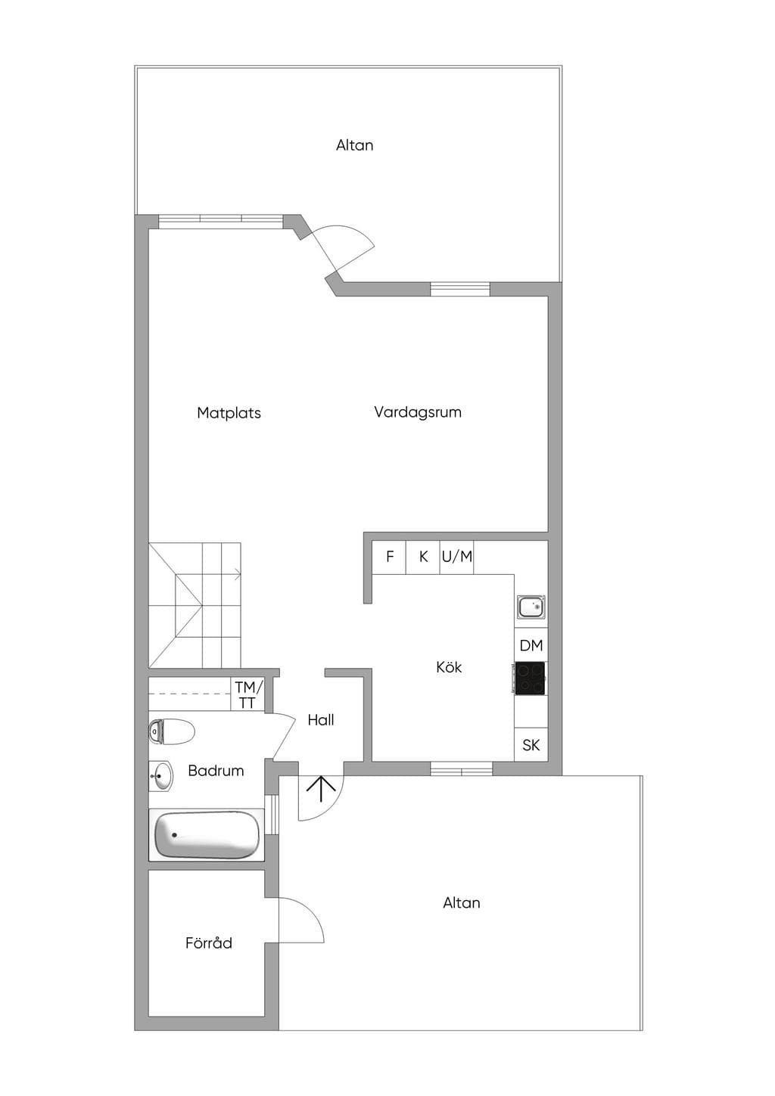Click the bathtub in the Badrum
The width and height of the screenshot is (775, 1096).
(x=207, y=835)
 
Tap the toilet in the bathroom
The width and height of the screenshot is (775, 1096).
(x=171, y=732)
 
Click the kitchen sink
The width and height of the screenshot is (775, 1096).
(x=531, y=607)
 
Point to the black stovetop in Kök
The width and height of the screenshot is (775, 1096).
(x=531, y=678)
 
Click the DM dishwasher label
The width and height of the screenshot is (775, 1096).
(x=531, y=646)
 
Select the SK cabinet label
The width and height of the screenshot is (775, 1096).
(x=531, y=745)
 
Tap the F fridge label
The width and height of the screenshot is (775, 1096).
(x=390, y=556)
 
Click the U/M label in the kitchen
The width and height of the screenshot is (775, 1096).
(x=457, y=556)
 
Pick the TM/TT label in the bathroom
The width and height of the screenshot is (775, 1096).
(x=249, y=695)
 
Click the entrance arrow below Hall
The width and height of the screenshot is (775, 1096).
(x=321, y=788)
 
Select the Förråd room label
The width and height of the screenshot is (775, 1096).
(x=209, y=943)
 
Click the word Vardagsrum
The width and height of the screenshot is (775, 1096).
(x=418, y=412)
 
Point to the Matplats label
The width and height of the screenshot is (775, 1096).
(x=229, y=412)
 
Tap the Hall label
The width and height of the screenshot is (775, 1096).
(x=321, y=720)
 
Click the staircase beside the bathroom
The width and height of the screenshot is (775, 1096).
(x=195, y=605)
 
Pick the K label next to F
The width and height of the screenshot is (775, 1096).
(x=424, y=556)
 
